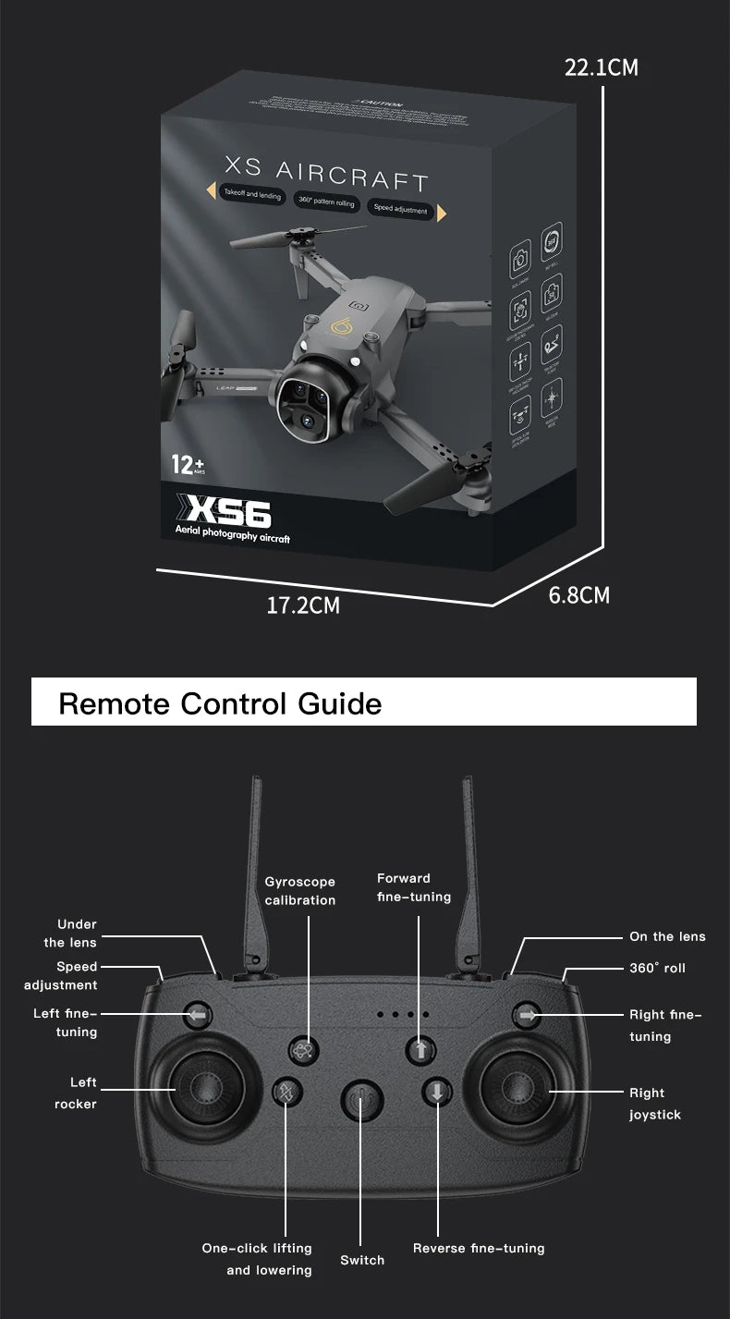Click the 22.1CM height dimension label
[x=601, y=68]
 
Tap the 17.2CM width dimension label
[x=303, y=606]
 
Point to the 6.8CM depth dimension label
[x=579, y=595]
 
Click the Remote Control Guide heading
[x=220, y=703]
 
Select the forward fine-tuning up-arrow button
[x=420, y=1049]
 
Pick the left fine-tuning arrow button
[x=197, y=1014]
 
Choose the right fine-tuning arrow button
[x=527, y=1014]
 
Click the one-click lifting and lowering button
[x=286, y=1093]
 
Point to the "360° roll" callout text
[x=657, y=968]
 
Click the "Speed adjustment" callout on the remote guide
[x=61, y=976]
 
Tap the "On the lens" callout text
[x=667, y=936]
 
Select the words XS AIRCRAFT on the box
[x=326, y=173]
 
